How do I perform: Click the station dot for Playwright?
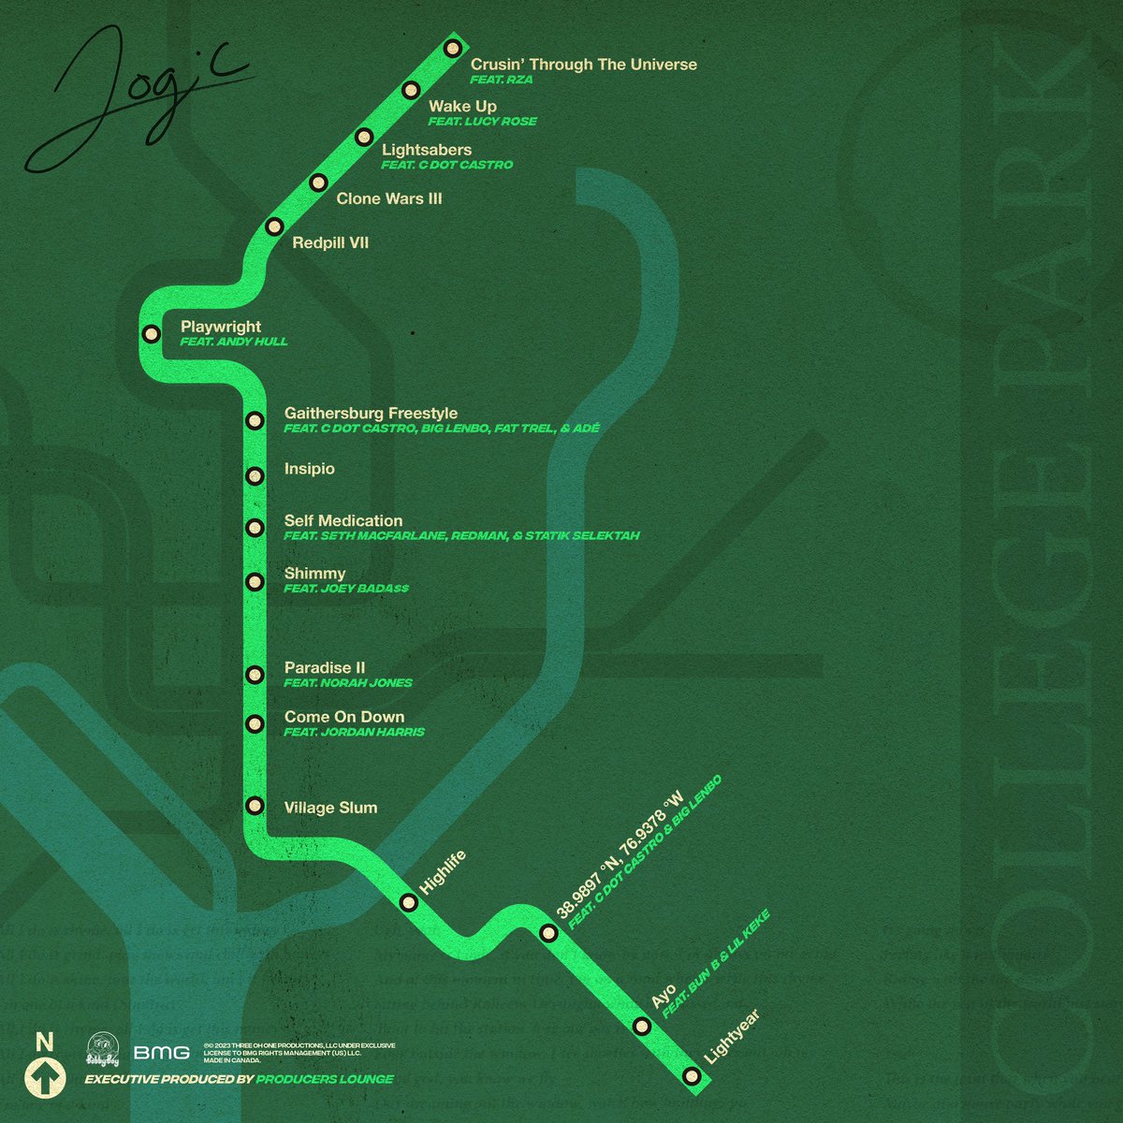(x=150, y=333)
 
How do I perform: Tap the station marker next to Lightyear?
(x=691, y=1076)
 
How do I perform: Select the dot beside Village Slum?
(x=254, y=806)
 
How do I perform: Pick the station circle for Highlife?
(x=409, y=902)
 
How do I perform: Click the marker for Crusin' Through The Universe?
(x=453, y=48)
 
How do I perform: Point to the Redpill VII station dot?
(x=274, y=226)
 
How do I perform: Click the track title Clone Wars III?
(x=388, y=198)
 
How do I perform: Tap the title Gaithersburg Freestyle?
(x=371, y=413)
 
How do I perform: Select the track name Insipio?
(x=309, y=469)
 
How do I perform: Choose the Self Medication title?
(x=343, y=520)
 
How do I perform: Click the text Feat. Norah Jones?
(x=348, y=683)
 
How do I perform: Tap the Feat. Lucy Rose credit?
(x=482, y=122)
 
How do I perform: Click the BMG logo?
(x=161, y=1053)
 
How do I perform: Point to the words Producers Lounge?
(x=326, y=1079)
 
